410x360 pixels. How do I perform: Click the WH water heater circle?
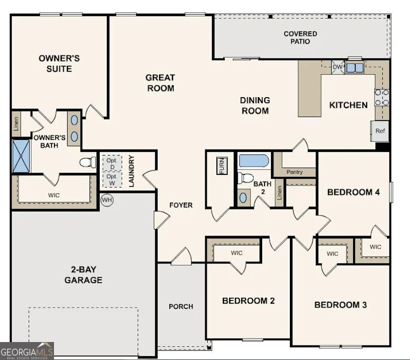click(107, 200)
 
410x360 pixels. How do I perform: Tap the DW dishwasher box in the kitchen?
click(338, 68)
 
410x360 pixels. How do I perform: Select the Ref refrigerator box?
click(380, 131)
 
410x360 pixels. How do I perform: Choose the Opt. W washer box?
click(111, 180)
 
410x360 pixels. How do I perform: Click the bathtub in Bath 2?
click(253, 161)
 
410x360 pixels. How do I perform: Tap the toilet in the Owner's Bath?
click(88, 162)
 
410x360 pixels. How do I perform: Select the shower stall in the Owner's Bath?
click(21, 156)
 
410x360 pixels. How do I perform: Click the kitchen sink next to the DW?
click(355, 68)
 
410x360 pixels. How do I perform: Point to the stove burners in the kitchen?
click(381, 97)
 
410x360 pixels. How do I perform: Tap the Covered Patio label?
click(300, 37)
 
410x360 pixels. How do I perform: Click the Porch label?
click(180, 307)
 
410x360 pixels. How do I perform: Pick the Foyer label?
click(180, 205)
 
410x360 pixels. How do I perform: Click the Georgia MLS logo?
click(27, 351)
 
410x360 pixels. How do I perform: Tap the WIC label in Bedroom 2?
click(236, 253)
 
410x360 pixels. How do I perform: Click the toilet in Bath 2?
click(247, 178)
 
